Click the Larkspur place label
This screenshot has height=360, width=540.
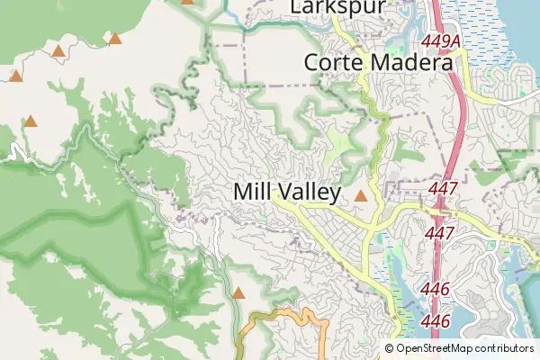337,7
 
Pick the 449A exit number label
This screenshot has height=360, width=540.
440,42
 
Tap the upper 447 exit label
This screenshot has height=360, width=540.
444,189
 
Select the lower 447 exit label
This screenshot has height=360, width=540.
439,232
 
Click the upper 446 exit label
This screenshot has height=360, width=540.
435,290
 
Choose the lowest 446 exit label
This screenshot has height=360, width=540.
435,320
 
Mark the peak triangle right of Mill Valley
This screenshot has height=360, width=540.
361,195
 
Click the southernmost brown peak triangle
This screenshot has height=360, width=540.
238,293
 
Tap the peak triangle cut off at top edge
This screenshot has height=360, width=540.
187,2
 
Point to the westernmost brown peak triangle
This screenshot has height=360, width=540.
15,76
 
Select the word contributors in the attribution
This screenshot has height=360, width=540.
506,348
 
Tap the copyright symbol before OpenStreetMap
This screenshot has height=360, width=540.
390,348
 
